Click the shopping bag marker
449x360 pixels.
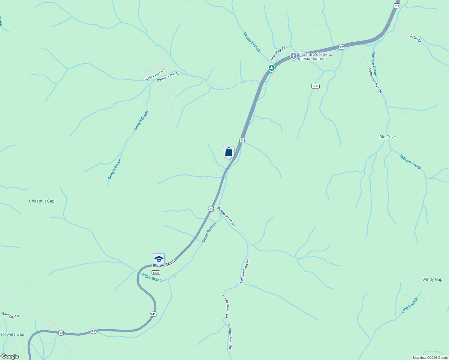pos(228,152)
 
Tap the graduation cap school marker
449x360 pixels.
pos(159,259)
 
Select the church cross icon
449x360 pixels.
pos(293,56)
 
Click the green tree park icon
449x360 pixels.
pos(272,68)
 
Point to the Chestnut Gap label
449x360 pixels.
pos(42,201)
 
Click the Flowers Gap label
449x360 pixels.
pos(13,334)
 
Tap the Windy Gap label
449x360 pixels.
pos(432,279)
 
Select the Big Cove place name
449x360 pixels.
pos(387,137)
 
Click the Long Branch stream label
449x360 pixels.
pos(409,305)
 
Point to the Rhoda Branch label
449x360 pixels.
pos(252,42)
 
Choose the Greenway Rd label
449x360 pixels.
pos(278,53)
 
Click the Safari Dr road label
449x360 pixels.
pos(416,38)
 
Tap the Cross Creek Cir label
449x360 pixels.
pos(155,75)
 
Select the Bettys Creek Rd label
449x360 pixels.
pos(168,76)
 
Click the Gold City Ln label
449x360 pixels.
pos(10,315)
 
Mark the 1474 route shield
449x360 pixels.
pos(315,86)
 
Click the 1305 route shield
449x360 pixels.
pos(156,272)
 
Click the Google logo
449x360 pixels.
pos(10,356)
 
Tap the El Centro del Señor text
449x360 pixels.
pos(315,54)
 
